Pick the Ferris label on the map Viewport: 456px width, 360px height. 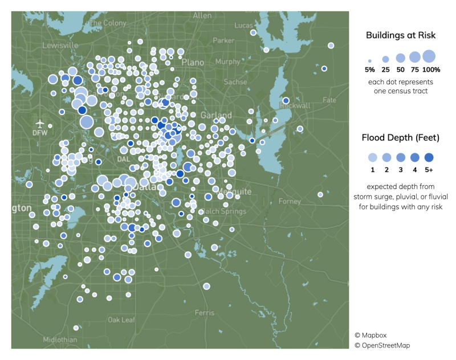204,313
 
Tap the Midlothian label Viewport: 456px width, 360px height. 59,339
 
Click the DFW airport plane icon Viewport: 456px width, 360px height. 40,123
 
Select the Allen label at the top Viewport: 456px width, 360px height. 202,16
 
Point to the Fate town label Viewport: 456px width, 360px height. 329,100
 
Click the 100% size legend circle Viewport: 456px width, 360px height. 429,56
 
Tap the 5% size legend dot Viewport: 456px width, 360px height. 370,60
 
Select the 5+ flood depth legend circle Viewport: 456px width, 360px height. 429,157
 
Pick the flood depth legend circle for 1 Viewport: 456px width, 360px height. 372,157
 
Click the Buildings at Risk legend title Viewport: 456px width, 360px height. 401,35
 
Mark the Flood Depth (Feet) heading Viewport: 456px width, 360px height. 401,137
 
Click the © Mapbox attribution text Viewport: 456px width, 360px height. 370,335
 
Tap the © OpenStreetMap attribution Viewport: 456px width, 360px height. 382,345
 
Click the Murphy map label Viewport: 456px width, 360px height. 227,62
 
